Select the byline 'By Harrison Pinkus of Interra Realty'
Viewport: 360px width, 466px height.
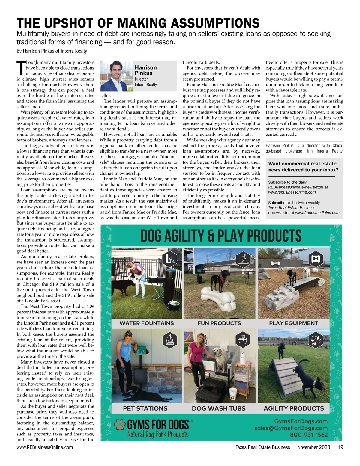52,51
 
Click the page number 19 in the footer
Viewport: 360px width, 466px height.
340,447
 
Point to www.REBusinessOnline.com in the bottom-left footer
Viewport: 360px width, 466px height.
45,447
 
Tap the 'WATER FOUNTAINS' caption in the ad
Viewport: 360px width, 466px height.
147,323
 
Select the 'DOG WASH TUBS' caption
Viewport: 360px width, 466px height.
219,408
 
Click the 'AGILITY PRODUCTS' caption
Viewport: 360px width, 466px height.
294,408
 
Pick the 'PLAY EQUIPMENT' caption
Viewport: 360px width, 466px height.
293,323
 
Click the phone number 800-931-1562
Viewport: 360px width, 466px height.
309,435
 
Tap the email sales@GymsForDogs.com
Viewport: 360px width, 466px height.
291,428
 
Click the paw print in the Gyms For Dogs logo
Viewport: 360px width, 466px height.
120,425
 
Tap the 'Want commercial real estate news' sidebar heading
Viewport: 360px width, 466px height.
303,167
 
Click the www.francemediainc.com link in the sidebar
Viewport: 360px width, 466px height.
317,213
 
